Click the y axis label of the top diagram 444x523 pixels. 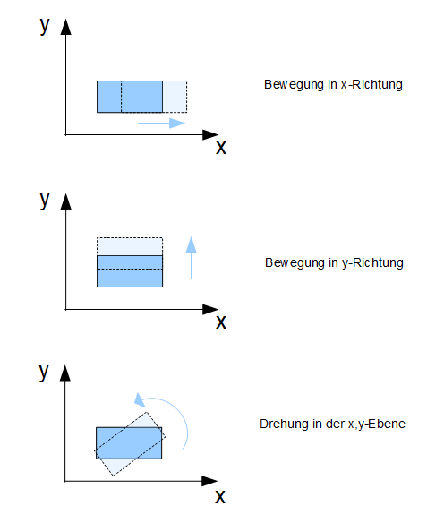click(x=45, y=26)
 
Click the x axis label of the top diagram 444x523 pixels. click(x=221, y=148)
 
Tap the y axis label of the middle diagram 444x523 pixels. click(x=45, y=201)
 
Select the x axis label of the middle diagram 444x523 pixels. click(x=221, y=322)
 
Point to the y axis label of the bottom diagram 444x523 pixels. click(x=44, y=372)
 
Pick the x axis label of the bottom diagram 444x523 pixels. click(x=220, y=497)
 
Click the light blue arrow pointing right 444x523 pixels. click(x=162, y=123)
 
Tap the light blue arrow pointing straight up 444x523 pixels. click(x=191, y=257)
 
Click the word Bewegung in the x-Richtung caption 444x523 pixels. click(x=294, y=85)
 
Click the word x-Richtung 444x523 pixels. click(x=371, y=84)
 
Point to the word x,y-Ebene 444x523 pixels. click(x=377, y=424)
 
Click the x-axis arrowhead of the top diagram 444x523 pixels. click(x=210, y=134)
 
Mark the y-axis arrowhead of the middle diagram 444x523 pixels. click(x=65, y=201)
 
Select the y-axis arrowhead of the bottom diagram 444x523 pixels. click(x=65, y=373)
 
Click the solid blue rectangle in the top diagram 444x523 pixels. click(x=130, y=97)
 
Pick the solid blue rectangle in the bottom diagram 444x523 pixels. click(x=129, y=443)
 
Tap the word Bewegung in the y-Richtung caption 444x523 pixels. click(x=295, y=263)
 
